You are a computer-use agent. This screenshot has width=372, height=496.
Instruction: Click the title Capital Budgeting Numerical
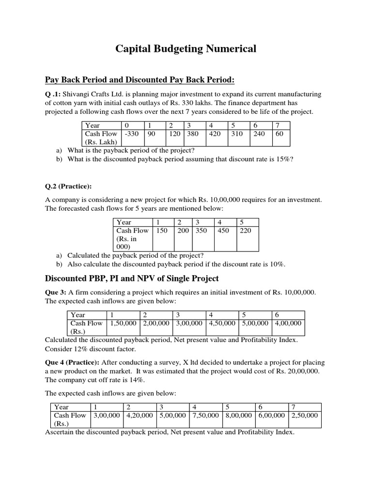tap(186, 48)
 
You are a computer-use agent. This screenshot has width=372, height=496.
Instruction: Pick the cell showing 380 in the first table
tap(195, 134)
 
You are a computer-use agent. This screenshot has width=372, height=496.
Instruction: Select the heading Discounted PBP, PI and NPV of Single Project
tap(132, 279)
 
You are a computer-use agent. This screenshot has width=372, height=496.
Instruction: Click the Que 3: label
tap(55, 292)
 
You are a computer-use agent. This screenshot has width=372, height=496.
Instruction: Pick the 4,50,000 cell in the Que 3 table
tap(222, 323)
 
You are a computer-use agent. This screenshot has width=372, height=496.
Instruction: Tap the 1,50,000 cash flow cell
tap(124, 323)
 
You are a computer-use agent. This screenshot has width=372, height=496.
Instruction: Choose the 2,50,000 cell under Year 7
tap(304, 415)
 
